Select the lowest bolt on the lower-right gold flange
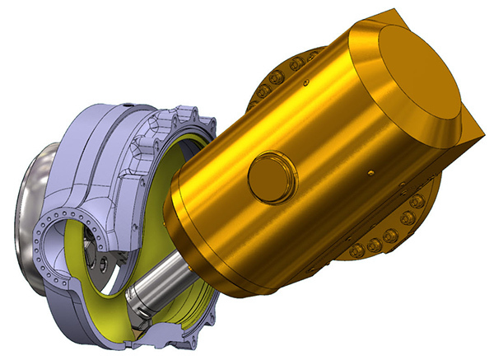357,249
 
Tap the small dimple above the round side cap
305,82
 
